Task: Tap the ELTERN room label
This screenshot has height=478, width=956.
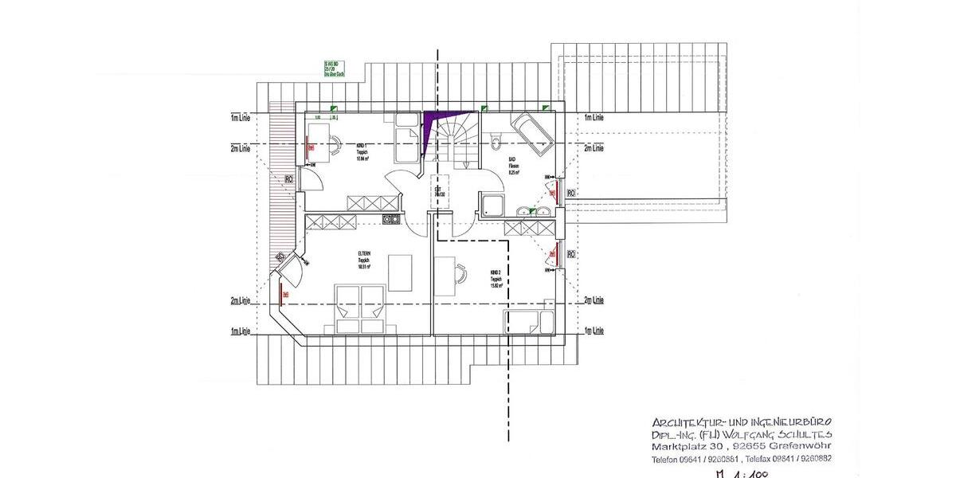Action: [x=363, y=260]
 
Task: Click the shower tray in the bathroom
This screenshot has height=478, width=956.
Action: [x=492, y=205]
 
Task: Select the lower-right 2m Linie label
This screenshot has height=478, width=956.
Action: [x=594, y=300]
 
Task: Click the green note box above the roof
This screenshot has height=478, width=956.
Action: [x=334, y=69]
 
